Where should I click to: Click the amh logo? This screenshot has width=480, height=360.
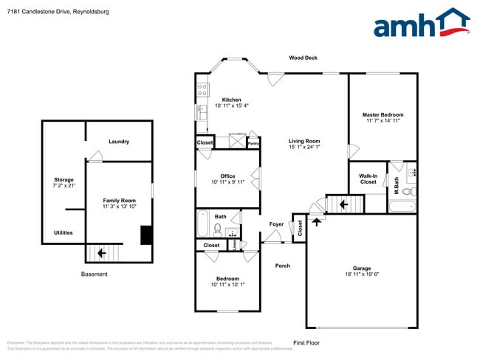coord(422,24)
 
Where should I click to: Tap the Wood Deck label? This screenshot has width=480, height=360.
coord(303,58)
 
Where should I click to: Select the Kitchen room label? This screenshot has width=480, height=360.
coord(232,100)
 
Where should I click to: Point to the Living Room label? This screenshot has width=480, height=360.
coord(304,141)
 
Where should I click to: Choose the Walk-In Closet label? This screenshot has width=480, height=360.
coord(368,179)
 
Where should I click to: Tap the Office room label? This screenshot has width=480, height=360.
coord(227,176)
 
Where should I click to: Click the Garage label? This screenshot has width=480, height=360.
coord(362,269)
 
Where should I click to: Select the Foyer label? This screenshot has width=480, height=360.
coord(276,224)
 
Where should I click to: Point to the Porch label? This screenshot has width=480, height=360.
coord(282,266)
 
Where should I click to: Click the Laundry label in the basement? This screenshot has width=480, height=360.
coord(119,142)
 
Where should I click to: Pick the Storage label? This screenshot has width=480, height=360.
coord(64,180)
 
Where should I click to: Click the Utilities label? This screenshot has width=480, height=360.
coord(64,232)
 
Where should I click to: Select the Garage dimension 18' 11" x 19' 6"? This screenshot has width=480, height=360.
coord(362,275)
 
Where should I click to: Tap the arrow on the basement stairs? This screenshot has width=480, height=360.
coord(101,253)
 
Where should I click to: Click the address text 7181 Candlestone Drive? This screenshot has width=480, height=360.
coord(44,10)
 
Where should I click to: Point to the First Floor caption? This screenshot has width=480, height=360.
coord(306,343)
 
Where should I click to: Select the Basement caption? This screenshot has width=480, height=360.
coord(95,274)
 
